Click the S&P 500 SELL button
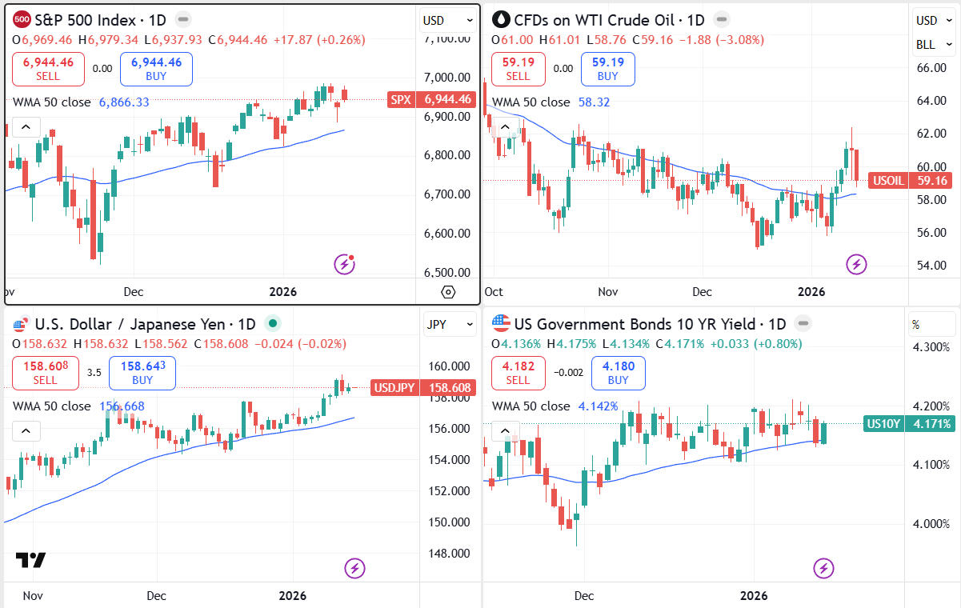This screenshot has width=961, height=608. [48, 69]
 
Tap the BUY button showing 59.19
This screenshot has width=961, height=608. [607, 69]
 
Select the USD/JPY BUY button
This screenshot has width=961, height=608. [142, 373]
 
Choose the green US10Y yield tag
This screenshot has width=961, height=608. [909, 424]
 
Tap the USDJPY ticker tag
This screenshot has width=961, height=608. [424, 389]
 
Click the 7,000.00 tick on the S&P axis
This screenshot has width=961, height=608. [447, 78]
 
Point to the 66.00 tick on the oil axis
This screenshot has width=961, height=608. [931, 69]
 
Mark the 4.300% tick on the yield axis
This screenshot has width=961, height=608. [931, 348]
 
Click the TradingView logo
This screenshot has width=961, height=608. [30, 560]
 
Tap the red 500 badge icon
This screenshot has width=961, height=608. [23, 19]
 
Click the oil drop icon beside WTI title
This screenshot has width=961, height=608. [502, 19]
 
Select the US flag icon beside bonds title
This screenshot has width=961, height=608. [502, 324]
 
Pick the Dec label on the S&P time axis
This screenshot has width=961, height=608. [133, 292]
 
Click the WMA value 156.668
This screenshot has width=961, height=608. [122, 406]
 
